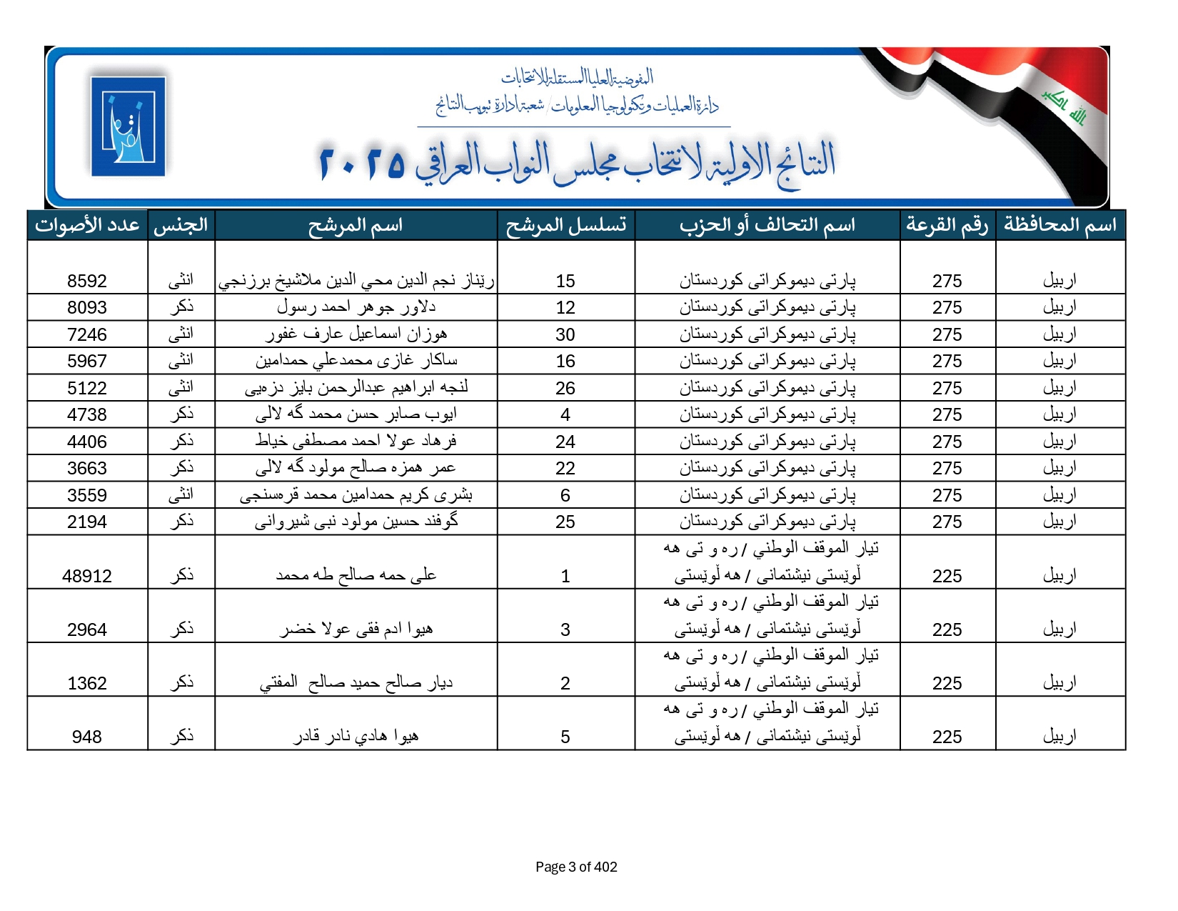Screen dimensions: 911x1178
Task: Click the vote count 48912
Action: coord(87,576)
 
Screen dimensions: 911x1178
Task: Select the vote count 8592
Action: coord(87,281)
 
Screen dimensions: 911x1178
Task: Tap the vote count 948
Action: coord(87,737)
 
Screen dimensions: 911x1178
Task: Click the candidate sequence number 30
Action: coord(565,334)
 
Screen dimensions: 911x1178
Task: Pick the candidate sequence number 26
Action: coord(565,388)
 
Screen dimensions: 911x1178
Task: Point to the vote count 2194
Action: coord(87,522)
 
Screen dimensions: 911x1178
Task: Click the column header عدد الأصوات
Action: coord(87,225)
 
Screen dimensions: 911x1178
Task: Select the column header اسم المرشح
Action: coord(356,225)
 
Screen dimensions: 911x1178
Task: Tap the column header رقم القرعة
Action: coord(947,225)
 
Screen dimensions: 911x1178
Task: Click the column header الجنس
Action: coord(181,225)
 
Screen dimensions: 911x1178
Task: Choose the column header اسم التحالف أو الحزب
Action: coord(767,225)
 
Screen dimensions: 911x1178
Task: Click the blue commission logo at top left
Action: coord(129,126)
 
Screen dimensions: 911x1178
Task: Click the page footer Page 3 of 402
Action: coord(576,867)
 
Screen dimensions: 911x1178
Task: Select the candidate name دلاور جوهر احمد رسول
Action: coord(356,307)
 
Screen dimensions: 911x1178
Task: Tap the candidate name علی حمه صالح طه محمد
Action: coord(356,575)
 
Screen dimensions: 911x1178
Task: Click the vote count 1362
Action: coord(87,683)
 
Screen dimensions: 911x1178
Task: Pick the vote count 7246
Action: coord(87,334)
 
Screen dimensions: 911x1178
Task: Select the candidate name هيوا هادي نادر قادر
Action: coord(356,736)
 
